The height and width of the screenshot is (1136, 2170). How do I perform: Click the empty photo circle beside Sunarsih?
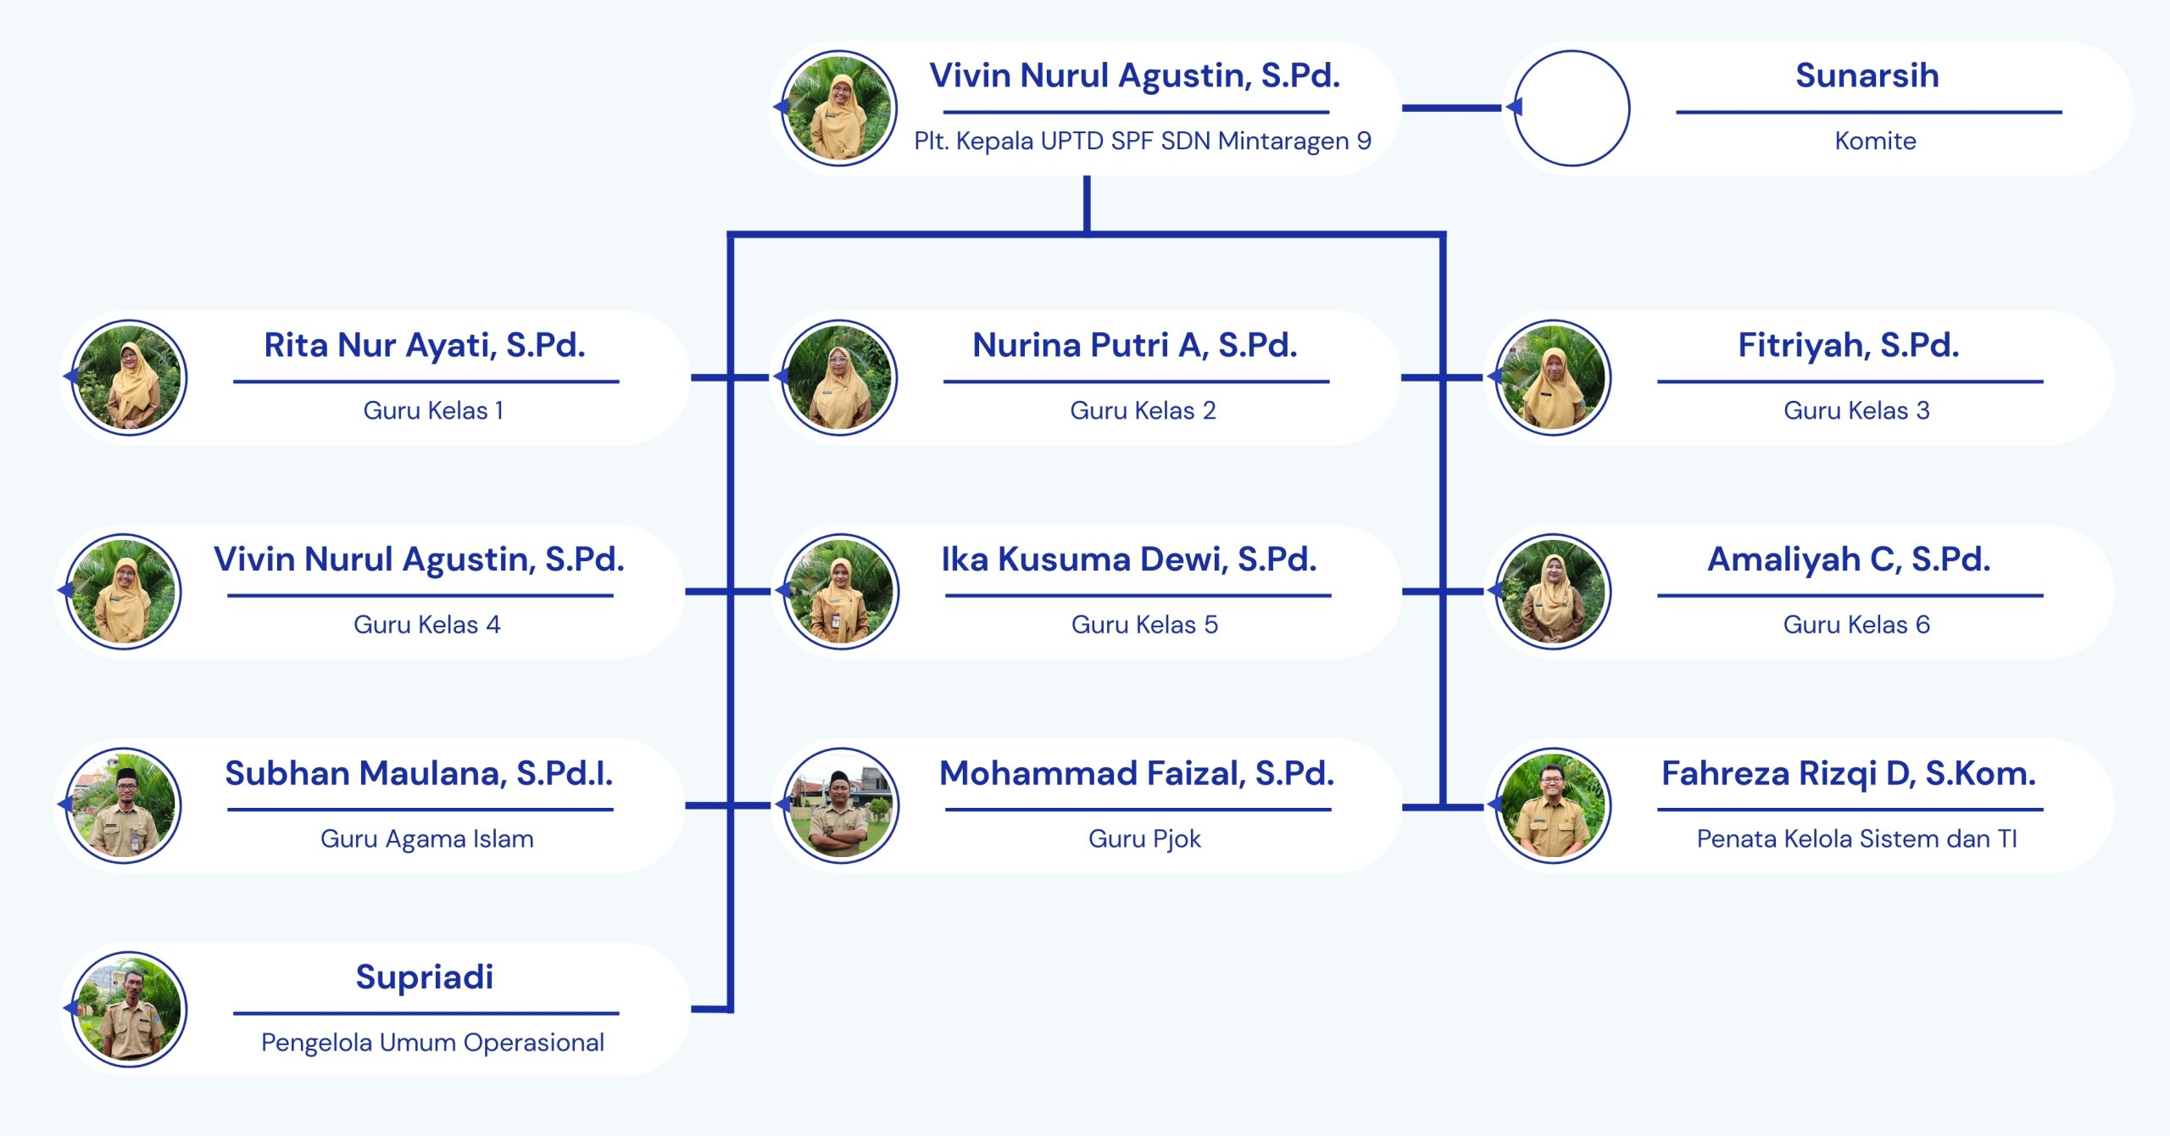pos(1571,109)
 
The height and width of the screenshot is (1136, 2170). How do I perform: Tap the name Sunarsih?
pos(1867,75)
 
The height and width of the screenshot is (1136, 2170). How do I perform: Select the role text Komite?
pos(1875,141)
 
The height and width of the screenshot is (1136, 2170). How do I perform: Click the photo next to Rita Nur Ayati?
pos(128,377)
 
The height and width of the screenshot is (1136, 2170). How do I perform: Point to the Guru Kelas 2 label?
pos(1143,410)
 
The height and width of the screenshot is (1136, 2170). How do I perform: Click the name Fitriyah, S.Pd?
pos(1848,345)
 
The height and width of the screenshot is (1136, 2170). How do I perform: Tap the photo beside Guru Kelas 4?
pos(124,592)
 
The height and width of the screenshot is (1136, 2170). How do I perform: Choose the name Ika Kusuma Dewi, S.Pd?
pos(1128,560)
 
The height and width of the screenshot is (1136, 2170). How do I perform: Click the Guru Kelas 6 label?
pos(1856,625)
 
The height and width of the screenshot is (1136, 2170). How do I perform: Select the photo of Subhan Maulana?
pos(124,805)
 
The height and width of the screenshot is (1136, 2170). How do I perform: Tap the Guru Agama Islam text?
pos(426,839)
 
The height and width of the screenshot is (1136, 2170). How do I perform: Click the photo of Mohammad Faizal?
pos(840,805)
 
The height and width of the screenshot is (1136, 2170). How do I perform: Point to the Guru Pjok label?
pos(1144,839)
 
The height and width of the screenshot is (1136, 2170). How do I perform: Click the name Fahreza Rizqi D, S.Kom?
pos(1848,773)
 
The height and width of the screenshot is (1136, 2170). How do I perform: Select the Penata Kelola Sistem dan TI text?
pos(1856,839)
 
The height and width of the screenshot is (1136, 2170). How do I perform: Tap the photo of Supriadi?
pos(128,1009)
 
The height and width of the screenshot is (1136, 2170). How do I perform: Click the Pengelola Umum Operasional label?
pos(432,1043)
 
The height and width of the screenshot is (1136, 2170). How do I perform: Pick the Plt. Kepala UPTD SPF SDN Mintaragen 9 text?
pos(1142,141)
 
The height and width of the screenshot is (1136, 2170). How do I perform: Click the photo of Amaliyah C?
pos(1553,592)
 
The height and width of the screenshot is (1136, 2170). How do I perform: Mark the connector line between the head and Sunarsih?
pos(1451,109)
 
